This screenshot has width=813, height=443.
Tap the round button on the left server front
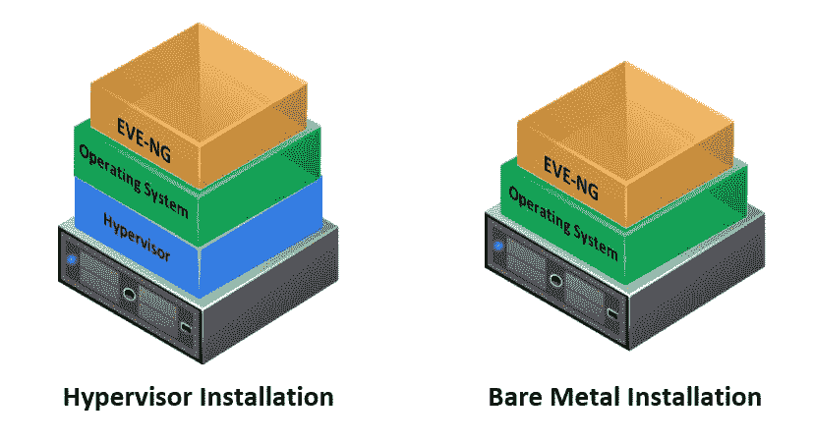point(129,293)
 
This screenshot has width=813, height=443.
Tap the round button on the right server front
point(555,279)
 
